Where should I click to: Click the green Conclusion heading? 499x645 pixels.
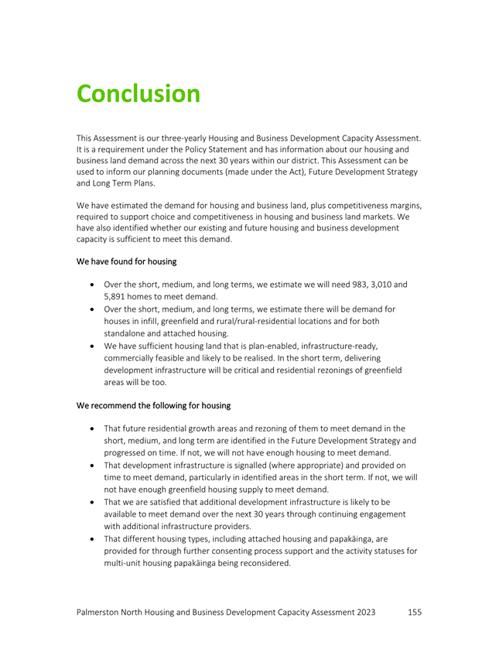[138, 94]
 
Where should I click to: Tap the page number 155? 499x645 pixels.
[414, 612]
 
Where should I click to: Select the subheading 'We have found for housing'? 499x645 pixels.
[127, 261]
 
